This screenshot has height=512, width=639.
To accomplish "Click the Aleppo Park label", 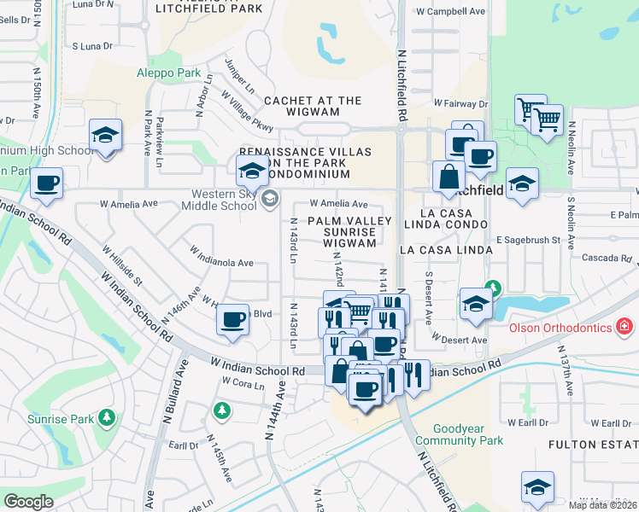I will click(x=168, y=73).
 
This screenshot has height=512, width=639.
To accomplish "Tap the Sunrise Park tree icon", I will click(x=106, y=418).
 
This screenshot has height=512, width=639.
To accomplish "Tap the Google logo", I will click(x=28, y=502).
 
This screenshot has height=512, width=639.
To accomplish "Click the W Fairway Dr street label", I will click(x=460, y=103).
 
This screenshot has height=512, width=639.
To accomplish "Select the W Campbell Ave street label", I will click(x=450, y=12).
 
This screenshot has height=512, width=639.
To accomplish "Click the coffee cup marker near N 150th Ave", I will click(x=46, y=183).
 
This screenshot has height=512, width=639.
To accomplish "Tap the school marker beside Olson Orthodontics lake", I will click(x=476, y=302).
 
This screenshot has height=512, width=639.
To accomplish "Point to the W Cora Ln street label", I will click(x=243, y=384).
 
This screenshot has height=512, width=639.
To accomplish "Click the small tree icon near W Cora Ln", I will click(x=222, y=411).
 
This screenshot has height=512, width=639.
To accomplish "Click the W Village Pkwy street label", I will click(x=247, y=113).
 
